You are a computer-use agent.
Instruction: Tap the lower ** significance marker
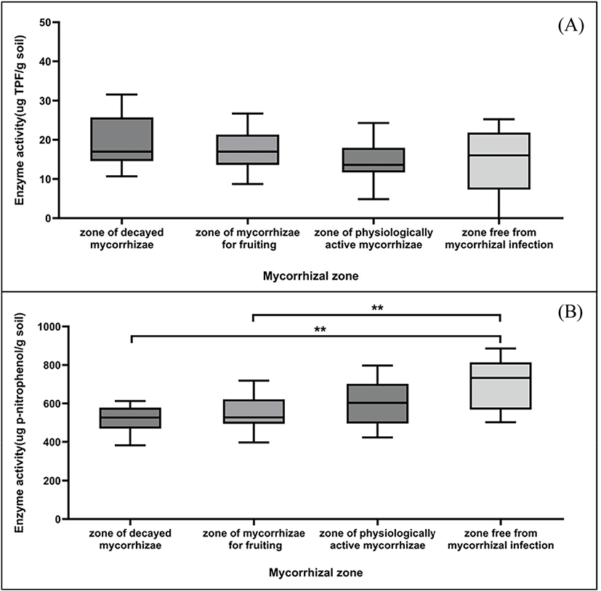tap(320, 329)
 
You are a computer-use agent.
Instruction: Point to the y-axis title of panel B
tap(21, 411)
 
